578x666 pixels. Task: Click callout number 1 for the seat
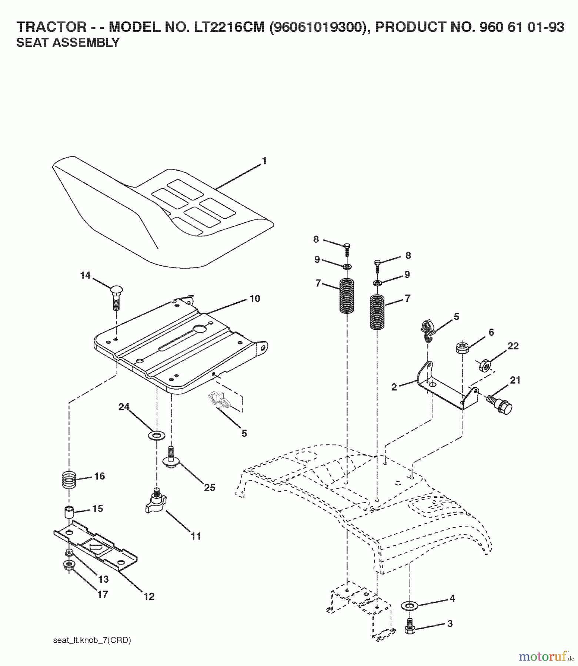tap(264, 161)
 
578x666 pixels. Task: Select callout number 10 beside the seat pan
tap(255, 299)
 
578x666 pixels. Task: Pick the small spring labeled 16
tap(69, 480)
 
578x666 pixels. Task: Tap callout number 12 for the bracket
tap(149, 596)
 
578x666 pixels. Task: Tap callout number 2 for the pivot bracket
tap(394, 387)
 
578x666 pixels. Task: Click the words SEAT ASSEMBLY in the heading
tap(68, 43)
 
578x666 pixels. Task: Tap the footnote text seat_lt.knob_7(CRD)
tap(92, 640)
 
